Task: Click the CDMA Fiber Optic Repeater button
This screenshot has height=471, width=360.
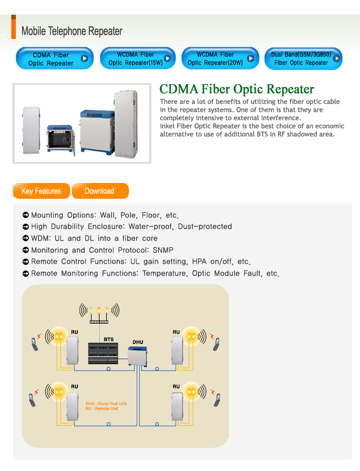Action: coord(55,58)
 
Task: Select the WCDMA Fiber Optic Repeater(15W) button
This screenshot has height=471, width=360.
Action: coord(138,58)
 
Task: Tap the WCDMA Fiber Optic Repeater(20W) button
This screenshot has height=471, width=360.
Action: coord(220,58)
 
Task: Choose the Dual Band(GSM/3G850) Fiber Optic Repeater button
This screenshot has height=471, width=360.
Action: coord(303,59)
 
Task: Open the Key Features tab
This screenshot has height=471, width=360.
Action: coord(41,191)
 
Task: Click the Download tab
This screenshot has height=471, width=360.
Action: coord(101,191)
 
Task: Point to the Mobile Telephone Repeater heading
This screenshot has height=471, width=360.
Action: coord(72,31)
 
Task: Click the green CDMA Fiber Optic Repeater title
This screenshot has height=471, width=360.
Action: coord(237,89)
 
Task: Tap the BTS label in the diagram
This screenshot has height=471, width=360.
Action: coord(109,339)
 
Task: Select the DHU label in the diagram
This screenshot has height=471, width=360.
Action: coord(138,342)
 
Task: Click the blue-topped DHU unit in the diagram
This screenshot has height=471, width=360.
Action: coord(137,356)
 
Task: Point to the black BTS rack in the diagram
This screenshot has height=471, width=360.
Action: coord(103,354)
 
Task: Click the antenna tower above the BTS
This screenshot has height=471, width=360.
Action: coord(99,313)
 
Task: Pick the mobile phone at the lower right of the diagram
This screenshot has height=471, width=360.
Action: coord(217,400)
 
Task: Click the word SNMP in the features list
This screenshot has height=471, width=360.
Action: coord(163,250)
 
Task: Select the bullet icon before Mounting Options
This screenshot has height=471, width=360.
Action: coord(26,215)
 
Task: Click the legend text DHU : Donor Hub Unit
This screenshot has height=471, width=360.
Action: coord(106,403)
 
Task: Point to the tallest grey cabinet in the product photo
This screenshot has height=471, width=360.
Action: coord(125,124)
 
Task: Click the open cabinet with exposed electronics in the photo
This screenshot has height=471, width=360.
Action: coord(60,140)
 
